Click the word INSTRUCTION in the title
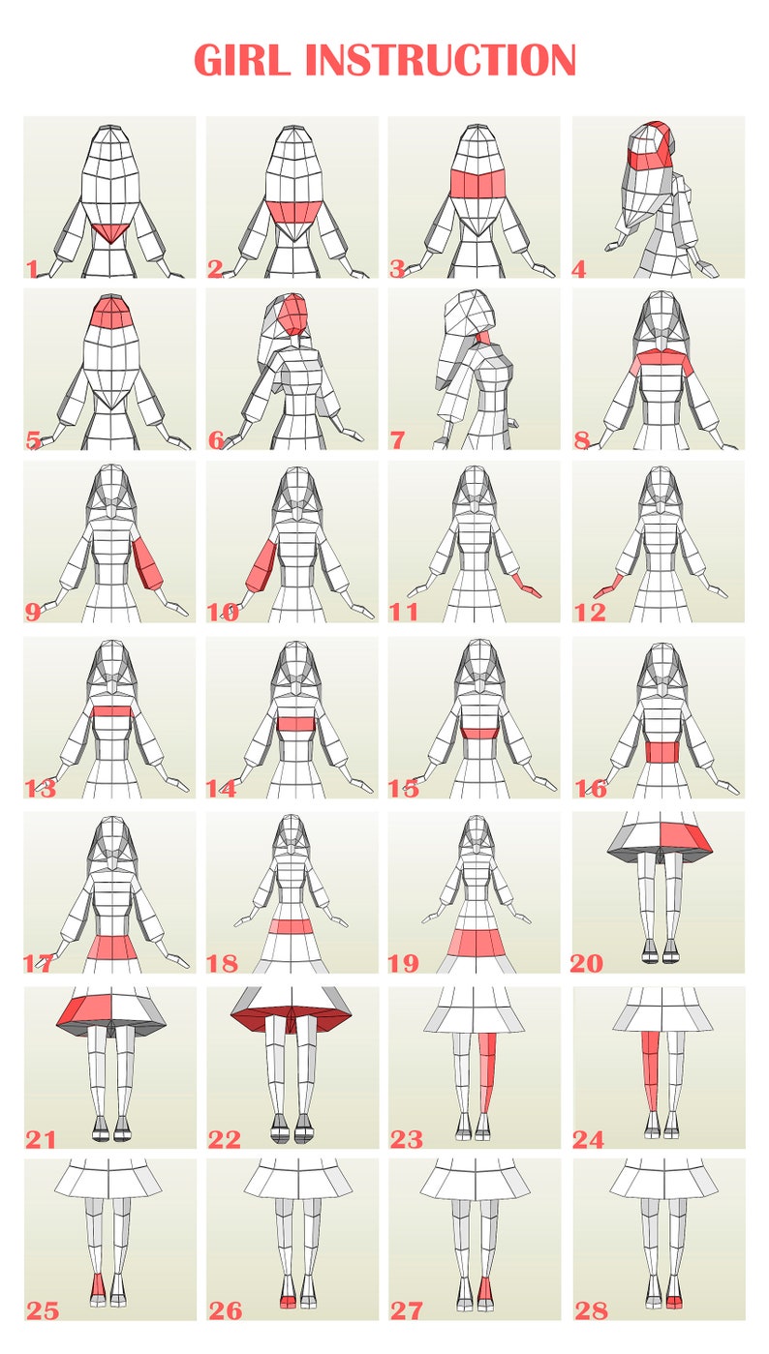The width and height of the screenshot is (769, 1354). (x=441, y=60)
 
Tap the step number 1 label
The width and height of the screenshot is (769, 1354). (x=32, y=268)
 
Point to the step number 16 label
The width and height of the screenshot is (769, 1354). (x=591, y=789)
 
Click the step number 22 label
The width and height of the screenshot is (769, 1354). (x=225, y=1140)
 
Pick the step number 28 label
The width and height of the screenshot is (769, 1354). (x=591, y=1310)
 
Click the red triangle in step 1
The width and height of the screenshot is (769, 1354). (x=109, y=231)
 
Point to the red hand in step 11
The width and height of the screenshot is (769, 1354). (x=527, y=586)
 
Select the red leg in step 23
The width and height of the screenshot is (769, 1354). (x=488, y=1069)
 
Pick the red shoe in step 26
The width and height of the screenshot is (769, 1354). (x=287, y=1302)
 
